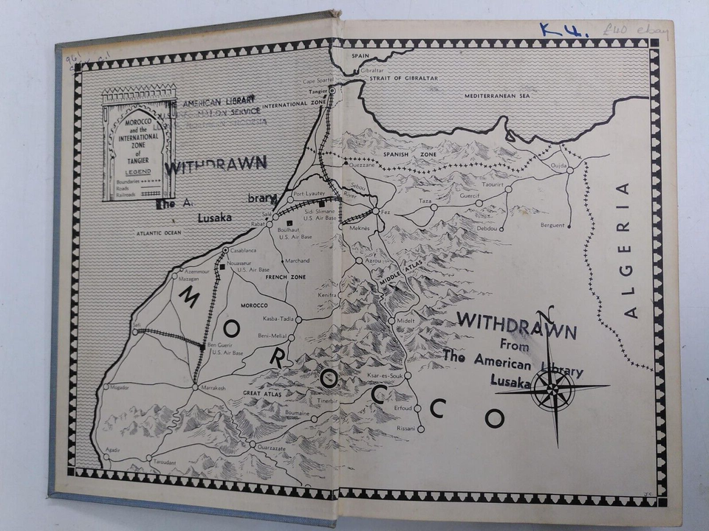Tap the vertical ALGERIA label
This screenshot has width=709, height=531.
pyautogui.click(x=628, y=251)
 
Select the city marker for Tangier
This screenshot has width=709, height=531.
pyautogui.click(x=332, y=90)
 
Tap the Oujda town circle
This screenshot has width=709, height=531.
pyautogui.click(x=570, y=170)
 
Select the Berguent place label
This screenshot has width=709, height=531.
pyautogui.click(x=552, y=225)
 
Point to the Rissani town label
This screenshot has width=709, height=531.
pyautogui.click(x=406, y=428)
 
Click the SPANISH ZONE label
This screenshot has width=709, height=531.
pyautogui.click(x=401, y=155)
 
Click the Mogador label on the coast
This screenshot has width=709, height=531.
pyautogui.click(x=118, y=387)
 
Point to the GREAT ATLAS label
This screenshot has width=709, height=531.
pyautogui.click(x=262, y=395)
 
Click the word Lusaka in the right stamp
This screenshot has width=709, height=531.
pyautogui.click(x=510, y=382)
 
